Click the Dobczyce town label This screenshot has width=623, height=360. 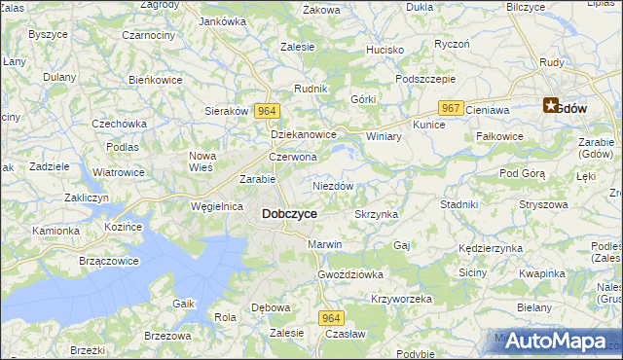(x=289, y=213)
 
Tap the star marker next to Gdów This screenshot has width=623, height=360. (x=551, y=107)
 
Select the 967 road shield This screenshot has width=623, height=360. (x=450, y=108)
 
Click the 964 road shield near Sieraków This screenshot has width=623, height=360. (x=268, y=111)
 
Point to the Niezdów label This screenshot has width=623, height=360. (x=332, y=185)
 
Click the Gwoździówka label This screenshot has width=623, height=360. (x=350, y=274)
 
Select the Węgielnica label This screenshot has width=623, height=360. (x=216, y=206)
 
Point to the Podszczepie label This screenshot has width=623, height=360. (x=425, y=80)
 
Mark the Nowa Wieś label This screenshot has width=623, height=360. (x=202, y=162)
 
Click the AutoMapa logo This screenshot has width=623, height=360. (x=556, y=341)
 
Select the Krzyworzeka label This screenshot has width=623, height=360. (x=401, y=299)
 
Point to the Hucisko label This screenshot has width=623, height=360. (x=385, y=49)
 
